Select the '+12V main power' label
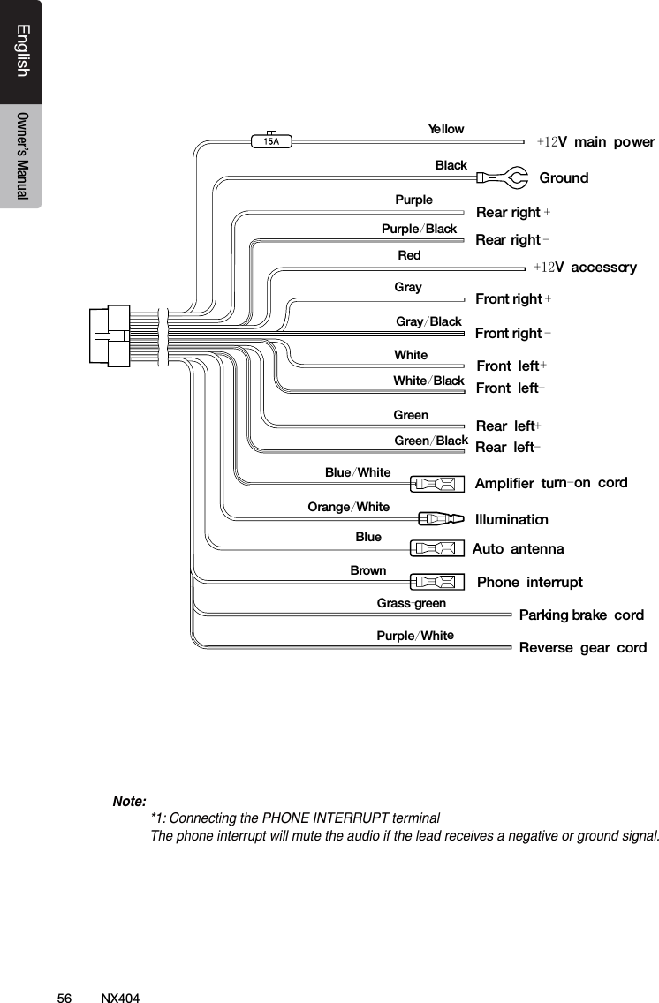click(x=595, y=142)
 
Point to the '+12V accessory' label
click(x=585, y=267)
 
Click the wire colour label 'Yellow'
click(x=446, y=129)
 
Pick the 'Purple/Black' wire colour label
click(x=419, y=230)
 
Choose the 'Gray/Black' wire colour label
click(x=428, y=321)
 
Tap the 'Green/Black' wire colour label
click(x=430, y=441)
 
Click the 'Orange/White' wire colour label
click(x=348, y=507)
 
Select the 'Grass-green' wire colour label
click(x=412, y=604)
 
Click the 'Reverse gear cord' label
click(x=582, y=648)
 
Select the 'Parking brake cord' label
click(x=581, y=615)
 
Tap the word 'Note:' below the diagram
click(x=129, y=802)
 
